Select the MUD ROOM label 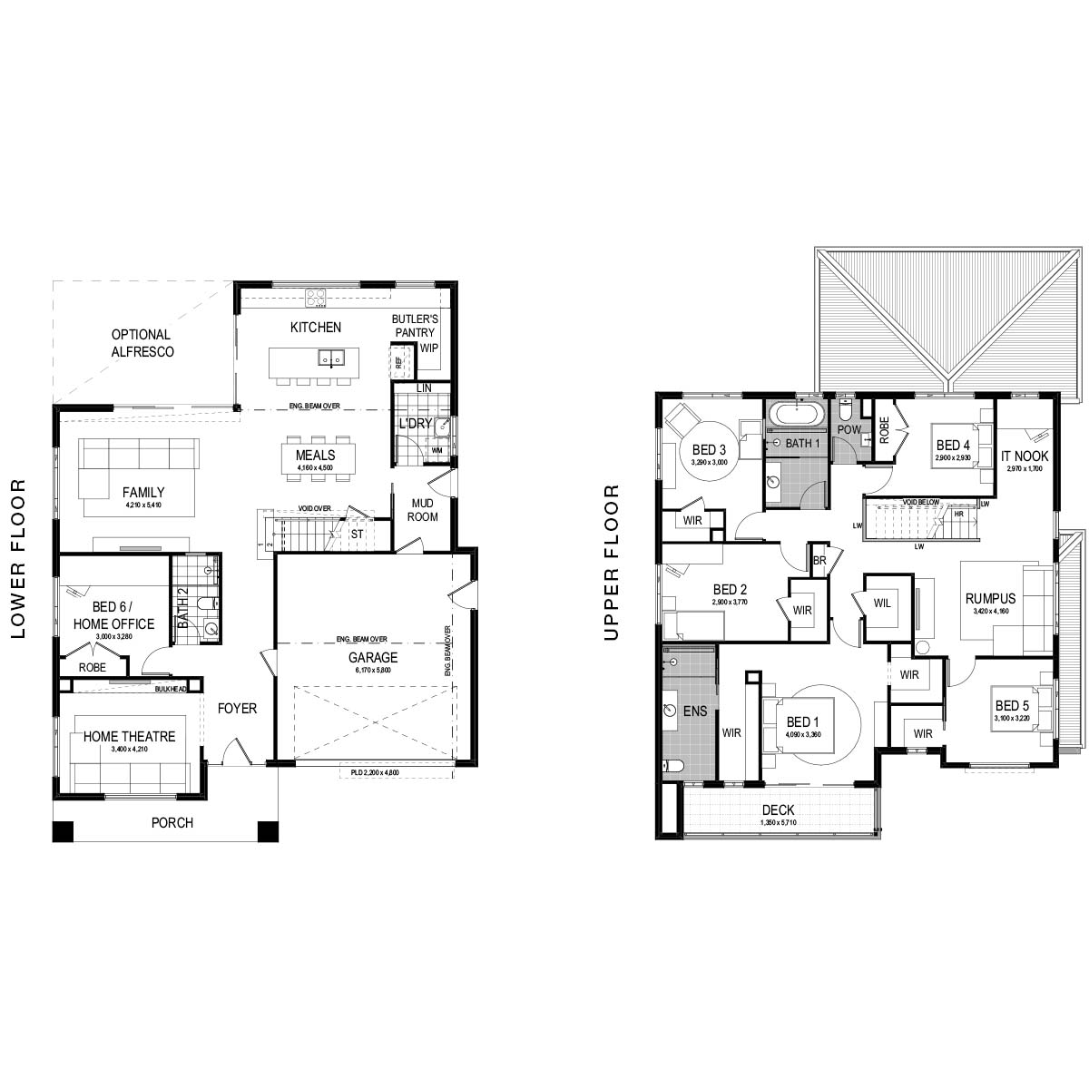(423, 510)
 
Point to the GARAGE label (374, 658)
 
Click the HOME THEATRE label (129, 737)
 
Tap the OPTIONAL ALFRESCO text (142, 343)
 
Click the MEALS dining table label (315, 456)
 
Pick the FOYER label (237, 708)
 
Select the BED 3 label (710, 450)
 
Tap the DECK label (778, 810)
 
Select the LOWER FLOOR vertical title (19, 561)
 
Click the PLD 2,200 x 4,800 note (374, 774)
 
